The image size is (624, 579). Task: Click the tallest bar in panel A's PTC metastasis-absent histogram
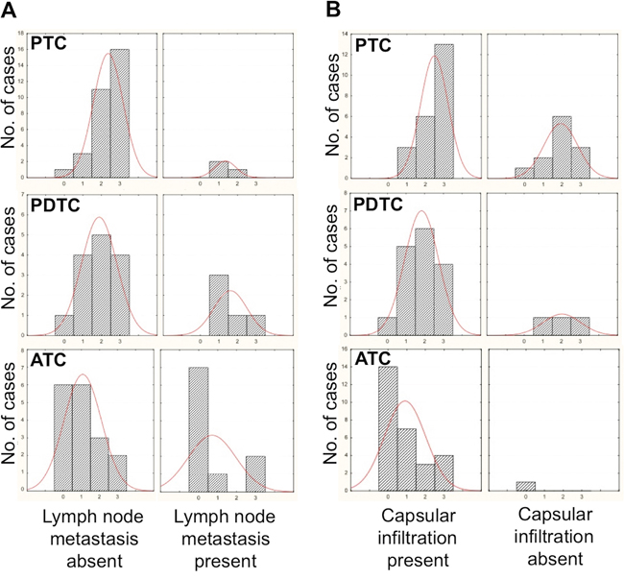pos(120,113)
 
